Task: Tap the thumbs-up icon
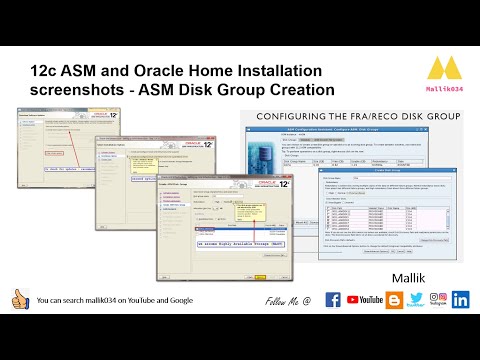click(19, 299)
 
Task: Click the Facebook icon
click(334, 299)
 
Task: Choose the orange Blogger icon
click(396, 298)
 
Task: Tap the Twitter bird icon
click(416, 298)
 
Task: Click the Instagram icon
click(438, 298)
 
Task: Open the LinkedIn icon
click(461, 299)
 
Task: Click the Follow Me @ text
click(288, 300)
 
